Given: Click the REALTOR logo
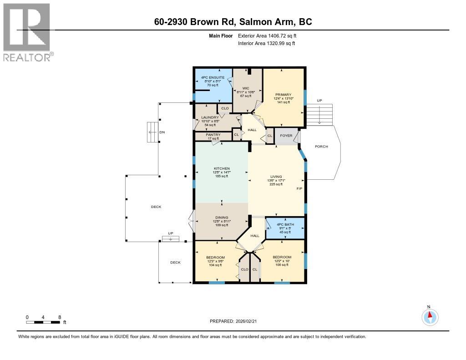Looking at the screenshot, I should pyautogui.click(x=27, y=32).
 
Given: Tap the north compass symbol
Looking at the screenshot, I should pyautogui.click(x=430, y=316).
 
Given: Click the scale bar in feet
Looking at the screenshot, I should pyautogui.click(x=43, y=322).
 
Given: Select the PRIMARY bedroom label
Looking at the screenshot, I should pyautogui.click(x=283, y=95).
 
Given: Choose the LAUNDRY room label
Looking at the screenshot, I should pyautogui.click(x=210, y=117).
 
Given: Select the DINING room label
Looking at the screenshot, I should pyautogui.click(x=222, y=218).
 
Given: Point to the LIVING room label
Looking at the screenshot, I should pyautogui.click(x=276, y=177).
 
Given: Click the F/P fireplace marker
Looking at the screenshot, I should pyautogui.click(x=299, y=188).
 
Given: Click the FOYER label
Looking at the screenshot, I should pyautogui.click(x=286, y=135).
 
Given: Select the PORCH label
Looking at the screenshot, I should pyautogui.click(x=321, y=147).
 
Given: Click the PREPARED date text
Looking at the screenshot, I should pyautogui.click(x=236, y=321).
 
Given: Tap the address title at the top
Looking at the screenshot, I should pyautogui.click(x=232, y=22).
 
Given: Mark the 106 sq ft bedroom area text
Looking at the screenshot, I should pyautogui.click(x=282, y=265).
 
